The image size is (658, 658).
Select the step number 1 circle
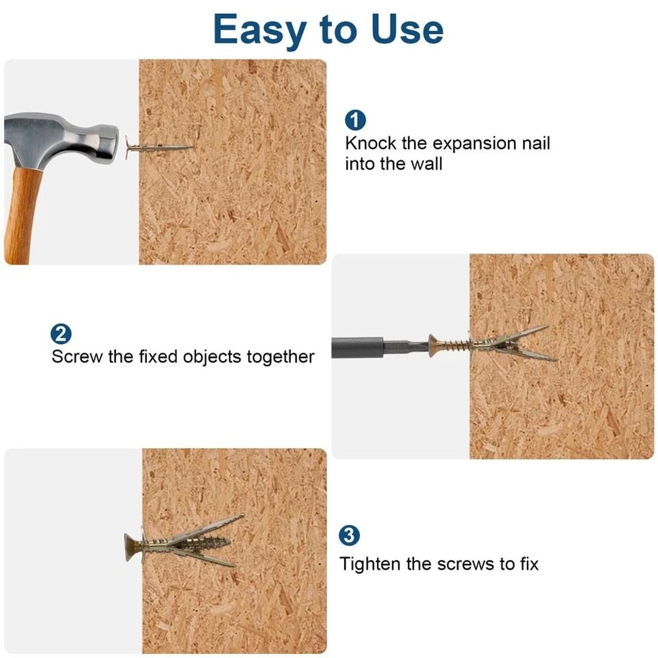355,120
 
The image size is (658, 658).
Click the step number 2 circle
61,334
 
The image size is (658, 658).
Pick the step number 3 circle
349,536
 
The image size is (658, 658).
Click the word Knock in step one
371,143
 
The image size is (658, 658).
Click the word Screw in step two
77,357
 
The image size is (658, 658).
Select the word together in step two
281,357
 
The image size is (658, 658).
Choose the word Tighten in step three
370,564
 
